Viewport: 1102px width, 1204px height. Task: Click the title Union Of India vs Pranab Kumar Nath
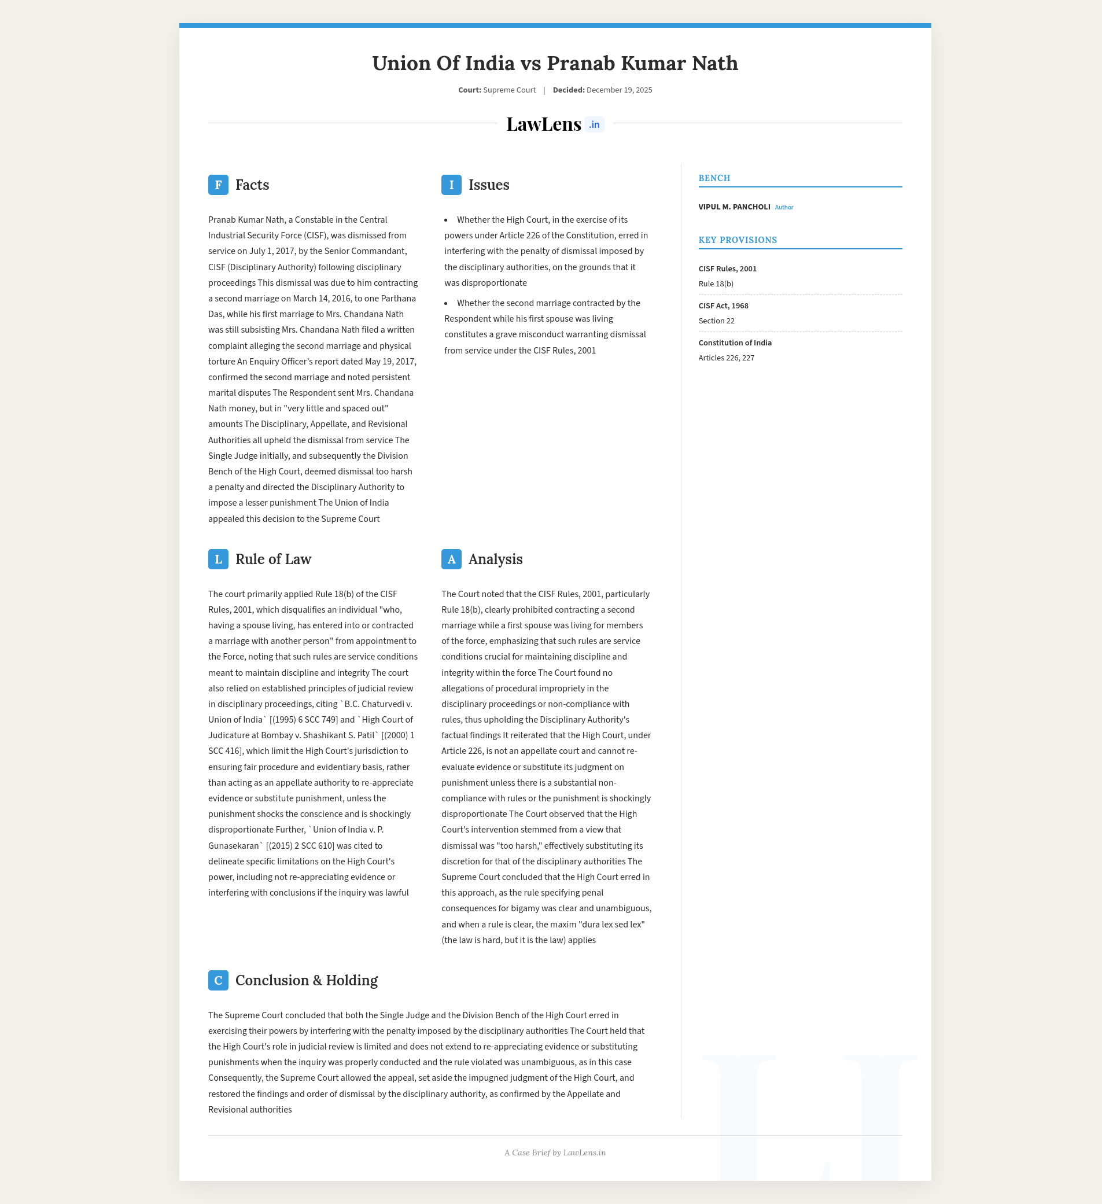point(555,63)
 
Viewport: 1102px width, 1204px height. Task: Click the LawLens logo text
point(544,124)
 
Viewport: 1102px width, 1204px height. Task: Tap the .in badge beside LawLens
point(594,125)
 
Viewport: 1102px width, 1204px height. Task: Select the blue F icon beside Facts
point(218,185)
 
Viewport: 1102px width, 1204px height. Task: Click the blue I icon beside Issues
point(451,185)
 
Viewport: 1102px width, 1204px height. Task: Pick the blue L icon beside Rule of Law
point(218,559)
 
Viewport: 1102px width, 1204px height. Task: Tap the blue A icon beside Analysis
point(451,559)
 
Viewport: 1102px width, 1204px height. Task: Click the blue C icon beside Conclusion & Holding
point(218,981)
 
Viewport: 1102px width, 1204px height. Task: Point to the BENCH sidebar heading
point(714,179)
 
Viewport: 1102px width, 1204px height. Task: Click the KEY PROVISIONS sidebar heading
point(738,240)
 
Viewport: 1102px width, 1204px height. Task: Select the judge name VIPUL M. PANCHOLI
point(734,207)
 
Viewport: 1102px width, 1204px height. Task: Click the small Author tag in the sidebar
point(784,208)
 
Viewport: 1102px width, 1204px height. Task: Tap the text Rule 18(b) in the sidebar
point(716,284)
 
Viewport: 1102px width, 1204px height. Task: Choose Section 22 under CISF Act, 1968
point(717,321)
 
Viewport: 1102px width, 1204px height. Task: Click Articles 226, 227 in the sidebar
point(727,358)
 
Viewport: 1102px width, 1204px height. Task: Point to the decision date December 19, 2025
point(619,90)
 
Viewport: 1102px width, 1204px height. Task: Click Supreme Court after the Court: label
point(509,90)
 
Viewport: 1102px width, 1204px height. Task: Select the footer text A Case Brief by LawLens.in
point(555,1153)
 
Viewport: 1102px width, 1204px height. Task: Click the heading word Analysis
point(495,559)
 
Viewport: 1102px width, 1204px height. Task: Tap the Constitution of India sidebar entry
point(735,343)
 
